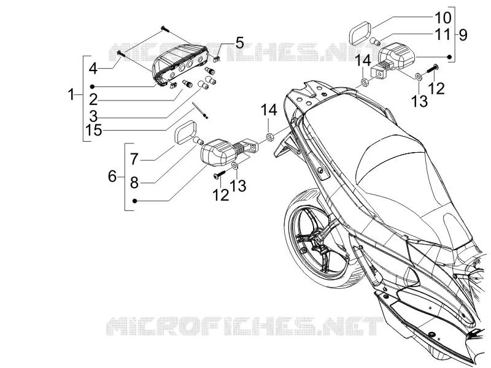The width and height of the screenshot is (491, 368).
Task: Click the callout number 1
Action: (72, 94)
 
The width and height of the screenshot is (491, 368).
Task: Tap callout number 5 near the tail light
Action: (239, 42)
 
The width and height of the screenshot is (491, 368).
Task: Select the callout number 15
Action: (94, 130)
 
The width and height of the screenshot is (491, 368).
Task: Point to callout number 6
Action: (112, 177)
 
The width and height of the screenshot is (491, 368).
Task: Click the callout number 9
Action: (463, 34)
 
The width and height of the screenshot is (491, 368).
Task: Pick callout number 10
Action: (443, 18)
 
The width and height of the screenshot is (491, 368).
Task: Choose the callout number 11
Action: (443, 34)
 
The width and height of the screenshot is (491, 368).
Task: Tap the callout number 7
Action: (134, 159)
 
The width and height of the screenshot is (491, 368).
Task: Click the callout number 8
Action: (134, 182)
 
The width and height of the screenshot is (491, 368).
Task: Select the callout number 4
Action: (93, 69)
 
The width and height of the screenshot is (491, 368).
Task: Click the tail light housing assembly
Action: (179, 64)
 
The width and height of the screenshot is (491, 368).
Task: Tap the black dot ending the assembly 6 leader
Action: (134, 201)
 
